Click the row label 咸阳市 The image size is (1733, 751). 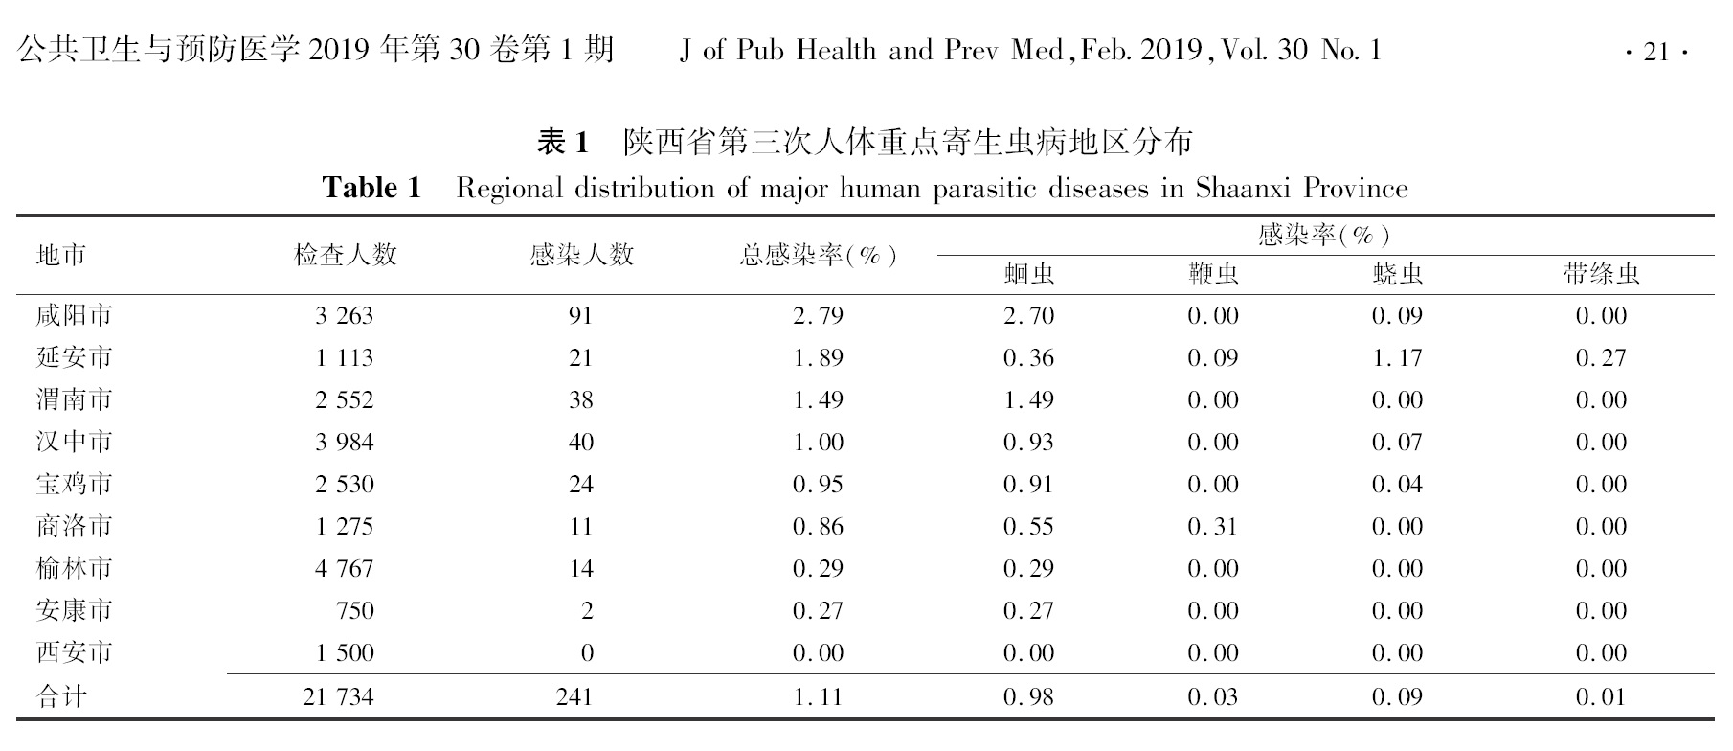tap(74, 316)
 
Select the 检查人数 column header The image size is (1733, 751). tap(345, 255)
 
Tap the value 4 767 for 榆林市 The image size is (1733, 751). tap(344, 569)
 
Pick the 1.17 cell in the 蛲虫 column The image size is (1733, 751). tap(1397, 358)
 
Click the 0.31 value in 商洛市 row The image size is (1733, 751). tap(1212, 527)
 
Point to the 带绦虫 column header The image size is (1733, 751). tap(1601, 276)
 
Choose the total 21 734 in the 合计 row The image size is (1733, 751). tap(338, 696)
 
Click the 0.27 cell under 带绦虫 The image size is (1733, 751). tap(1601, 358)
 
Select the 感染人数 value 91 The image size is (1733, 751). tap(580, 316)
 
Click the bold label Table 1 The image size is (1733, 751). tap(371, 188)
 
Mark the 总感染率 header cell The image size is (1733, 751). tap(818, 256)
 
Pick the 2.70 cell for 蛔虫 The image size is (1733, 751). tap(1028, 316)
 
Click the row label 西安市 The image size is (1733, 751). tap(74, 653)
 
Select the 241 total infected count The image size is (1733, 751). tap(574, 696)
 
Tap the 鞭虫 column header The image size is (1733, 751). tap(1212, 276)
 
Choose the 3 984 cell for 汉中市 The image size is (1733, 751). tap(344, 443)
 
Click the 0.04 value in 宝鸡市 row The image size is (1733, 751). tap(1397, 485)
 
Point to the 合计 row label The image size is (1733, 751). tap(61, 696)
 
